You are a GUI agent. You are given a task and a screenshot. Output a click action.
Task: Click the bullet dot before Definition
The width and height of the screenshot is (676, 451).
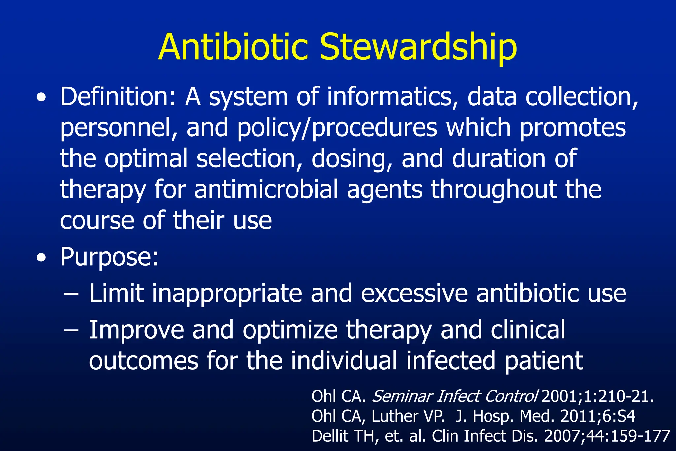click(41, 98)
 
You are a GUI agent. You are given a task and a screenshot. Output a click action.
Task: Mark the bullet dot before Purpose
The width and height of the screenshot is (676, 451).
click(41, 258)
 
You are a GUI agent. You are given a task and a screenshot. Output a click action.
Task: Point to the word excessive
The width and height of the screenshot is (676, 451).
click(414, 293)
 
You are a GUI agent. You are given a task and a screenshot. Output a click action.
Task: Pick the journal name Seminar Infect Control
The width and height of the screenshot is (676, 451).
click(455, 396)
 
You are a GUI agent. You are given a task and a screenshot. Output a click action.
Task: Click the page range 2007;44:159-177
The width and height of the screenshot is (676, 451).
click(607, 436)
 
